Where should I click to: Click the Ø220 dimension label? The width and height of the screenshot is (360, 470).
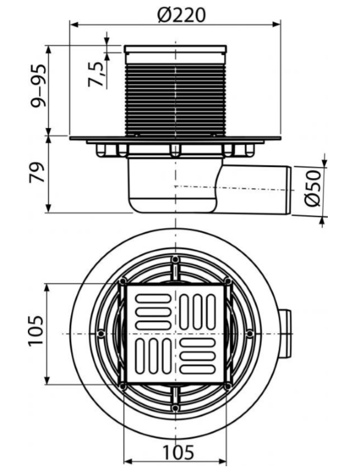point(181,15)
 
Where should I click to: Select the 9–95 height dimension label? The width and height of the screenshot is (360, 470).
point(38,86)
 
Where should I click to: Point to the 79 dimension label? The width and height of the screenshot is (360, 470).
point(37,173)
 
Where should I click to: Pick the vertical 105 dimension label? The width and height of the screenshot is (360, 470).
point(36,331)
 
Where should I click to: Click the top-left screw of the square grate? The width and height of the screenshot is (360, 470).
point(123,281)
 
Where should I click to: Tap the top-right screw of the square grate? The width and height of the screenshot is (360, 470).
point(228,281)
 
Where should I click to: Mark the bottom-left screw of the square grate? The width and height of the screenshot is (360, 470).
point(123,386)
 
